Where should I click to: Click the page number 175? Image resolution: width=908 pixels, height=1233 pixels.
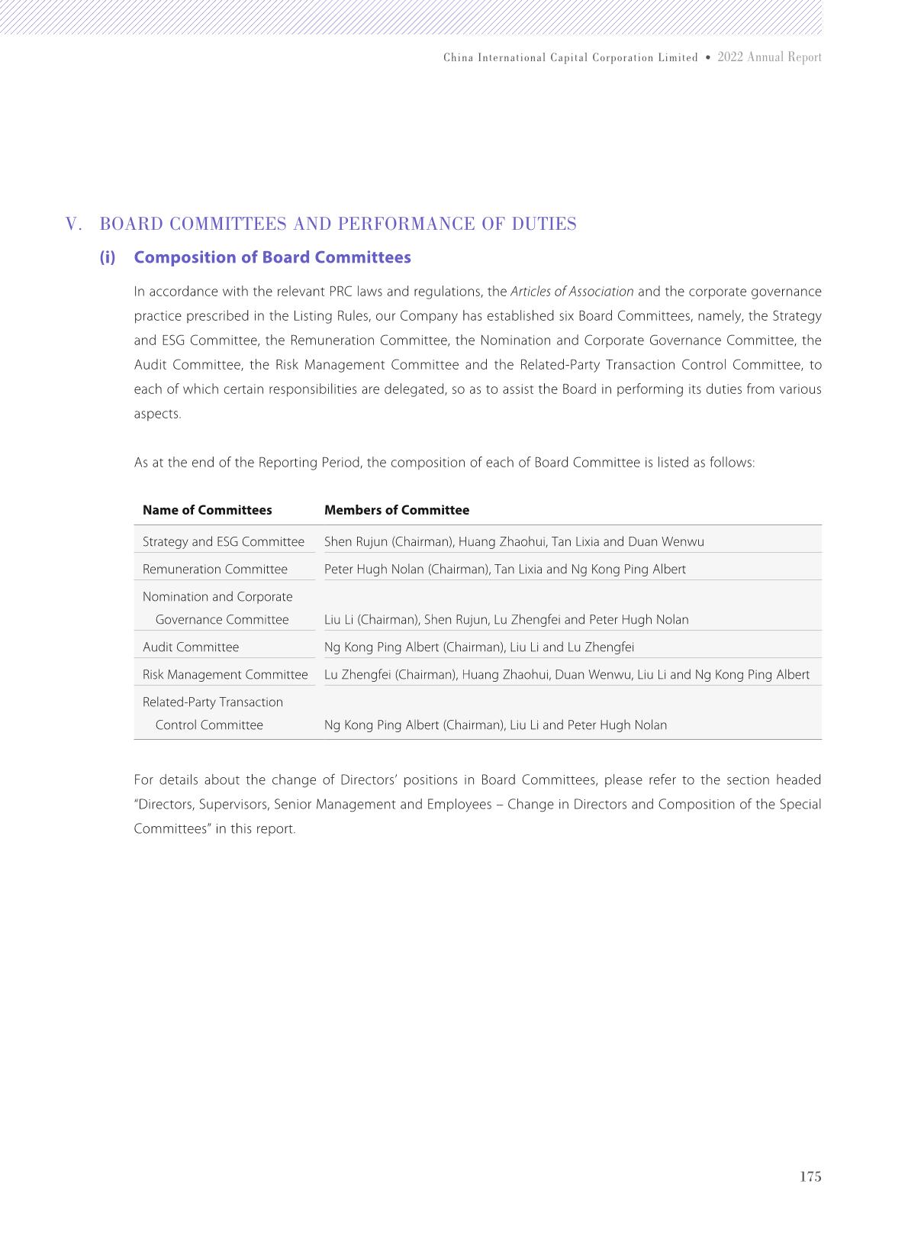point(810,1177)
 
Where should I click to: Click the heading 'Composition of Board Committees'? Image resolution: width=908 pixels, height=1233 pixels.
point(272,257)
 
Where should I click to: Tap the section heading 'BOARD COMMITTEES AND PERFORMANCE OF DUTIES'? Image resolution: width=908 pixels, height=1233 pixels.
point(338,224)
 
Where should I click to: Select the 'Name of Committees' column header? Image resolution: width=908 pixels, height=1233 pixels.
point(207,510)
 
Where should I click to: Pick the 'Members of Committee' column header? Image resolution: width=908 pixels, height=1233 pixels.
point(397,510)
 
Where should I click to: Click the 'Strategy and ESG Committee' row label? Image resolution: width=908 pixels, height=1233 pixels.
point(224,541)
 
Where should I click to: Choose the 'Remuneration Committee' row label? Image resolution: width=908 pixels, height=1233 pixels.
point(215,569)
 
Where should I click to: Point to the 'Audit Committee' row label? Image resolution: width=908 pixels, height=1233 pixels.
point(191,647)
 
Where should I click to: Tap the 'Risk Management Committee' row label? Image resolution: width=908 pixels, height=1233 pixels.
point(225,674)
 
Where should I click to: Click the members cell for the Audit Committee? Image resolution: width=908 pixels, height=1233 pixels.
point(479,647)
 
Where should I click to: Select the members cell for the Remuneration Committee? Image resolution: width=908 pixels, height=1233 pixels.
point(505,569)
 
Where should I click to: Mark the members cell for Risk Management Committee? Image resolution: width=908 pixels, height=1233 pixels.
point(567,674)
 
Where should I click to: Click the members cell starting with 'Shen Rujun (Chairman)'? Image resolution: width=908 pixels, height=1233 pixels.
point(514,541)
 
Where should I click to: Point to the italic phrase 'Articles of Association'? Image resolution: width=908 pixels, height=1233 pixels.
point(572,292)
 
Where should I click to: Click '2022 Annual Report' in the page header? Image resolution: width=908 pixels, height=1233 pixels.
point(769,57)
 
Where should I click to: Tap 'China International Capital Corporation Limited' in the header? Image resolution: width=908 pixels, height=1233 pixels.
point(571,58)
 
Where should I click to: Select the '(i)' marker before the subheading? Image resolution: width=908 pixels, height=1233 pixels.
point(108,257)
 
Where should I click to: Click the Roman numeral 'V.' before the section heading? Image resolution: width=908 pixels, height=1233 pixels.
point(74,224)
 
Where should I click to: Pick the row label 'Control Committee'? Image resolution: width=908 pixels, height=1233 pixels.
point(209,725)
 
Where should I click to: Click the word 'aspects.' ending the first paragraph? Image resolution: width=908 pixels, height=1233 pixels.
point(158,414)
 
